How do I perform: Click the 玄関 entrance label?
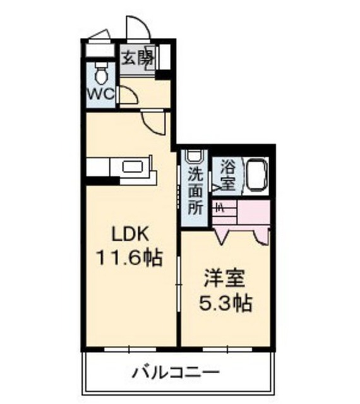(138, 59)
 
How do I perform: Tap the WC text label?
(101, 94)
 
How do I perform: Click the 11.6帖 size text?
(129, 257)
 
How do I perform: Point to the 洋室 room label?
(224, 278)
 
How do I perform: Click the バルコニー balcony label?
(176, 372)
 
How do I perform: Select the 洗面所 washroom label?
(195, 191)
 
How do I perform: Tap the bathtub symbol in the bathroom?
(257, 175)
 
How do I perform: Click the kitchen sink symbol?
(132, 167)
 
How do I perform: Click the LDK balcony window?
(130, 349)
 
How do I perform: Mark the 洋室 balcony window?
(227, 349)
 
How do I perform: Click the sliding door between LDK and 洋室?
(179, 284)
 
